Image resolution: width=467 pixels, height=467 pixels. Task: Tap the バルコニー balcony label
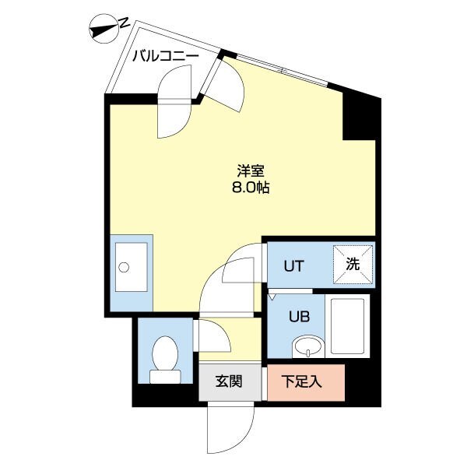point(164,57)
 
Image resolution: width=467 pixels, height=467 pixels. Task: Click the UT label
point(293,265)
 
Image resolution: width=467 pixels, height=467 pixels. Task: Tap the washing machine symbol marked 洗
point(353,265)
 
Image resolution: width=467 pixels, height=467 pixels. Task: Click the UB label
point(299,317)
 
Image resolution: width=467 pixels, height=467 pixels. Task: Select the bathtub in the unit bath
point(347,325)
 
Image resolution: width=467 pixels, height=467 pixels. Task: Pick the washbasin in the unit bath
point(307,345)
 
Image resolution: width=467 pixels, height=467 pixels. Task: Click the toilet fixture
point(164,357)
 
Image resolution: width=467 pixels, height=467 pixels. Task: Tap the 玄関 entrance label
point(230,382)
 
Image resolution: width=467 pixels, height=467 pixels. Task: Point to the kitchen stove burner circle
point(122,267)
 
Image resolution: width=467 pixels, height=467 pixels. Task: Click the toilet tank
point(164,376)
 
